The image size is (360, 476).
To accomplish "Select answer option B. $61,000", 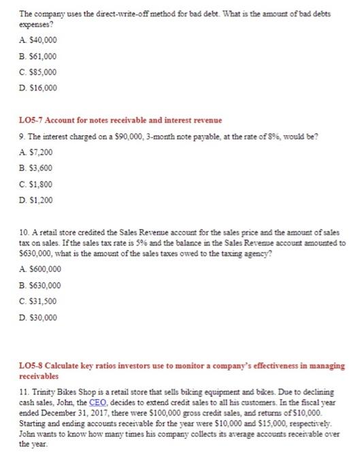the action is pos(36,56).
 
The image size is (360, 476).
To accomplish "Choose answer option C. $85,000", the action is pos(36,71).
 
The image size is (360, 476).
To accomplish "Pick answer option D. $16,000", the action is pos(36,87).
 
